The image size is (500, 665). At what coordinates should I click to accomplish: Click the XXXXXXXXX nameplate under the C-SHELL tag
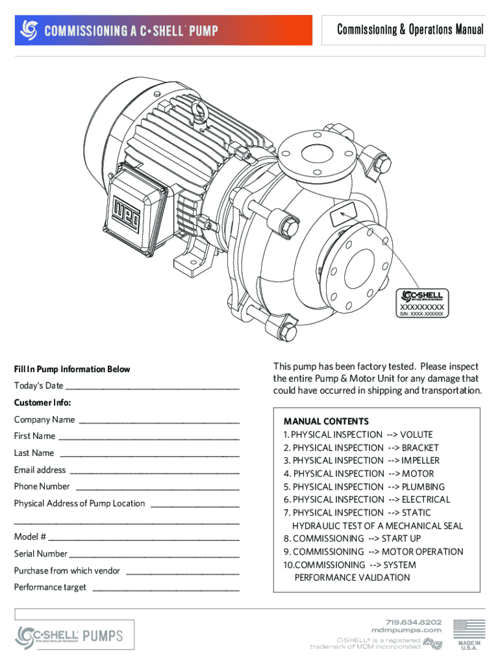[421, 307]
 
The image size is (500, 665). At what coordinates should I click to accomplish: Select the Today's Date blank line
[152, 387]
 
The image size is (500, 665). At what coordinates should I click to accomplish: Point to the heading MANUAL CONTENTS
[326, 421]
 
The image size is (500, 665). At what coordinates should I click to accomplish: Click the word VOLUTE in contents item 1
[416, 434]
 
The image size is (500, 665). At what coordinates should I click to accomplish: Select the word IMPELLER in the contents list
[420, 460]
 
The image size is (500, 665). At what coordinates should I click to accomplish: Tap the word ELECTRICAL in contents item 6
[425, 499]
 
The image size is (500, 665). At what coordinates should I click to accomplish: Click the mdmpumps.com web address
[406, 630]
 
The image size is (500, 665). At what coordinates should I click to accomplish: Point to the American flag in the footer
[468, 629]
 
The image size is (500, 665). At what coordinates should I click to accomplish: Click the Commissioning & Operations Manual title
[410, 30]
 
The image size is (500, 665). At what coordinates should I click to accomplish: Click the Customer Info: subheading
[43, 403]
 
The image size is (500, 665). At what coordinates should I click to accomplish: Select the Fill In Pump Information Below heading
[72, 370]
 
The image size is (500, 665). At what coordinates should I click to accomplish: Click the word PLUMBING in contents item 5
[423, 486]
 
